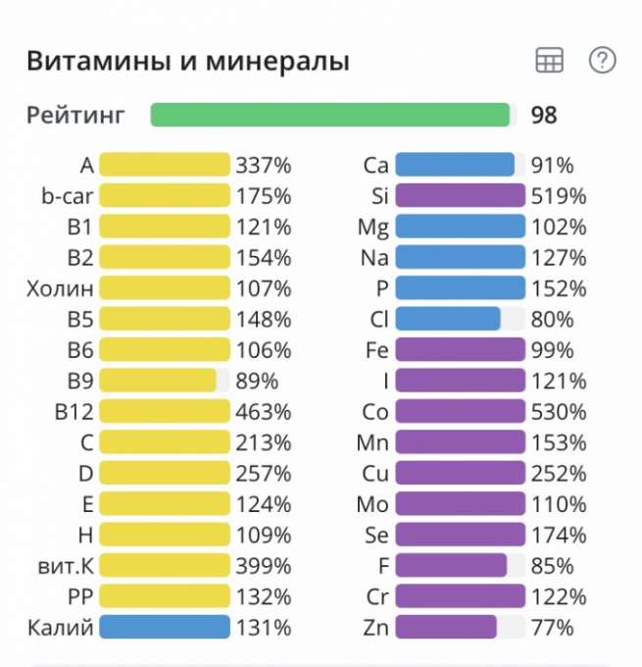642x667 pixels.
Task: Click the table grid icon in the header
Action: click(x=550, y=61)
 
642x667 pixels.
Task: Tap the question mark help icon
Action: click(x=602, y=61)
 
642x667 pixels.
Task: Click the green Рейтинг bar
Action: click(x=331, y=115)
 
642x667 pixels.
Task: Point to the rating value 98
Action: click(x=544, y=115)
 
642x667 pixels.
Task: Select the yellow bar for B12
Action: click(x=165, y=411)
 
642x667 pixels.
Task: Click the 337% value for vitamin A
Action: click(x=264, y=165)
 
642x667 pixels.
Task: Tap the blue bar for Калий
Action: click(x=165, y=628)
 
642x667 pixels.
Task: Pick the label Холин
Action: click(x=61, y=288)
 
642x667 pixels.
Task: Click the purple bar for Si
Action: click(x=461, y=196)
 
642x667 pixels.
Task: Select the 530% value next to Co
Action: click(x=559, y=411)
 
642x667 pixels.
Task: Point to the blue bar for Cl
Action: click(x=448, y=319)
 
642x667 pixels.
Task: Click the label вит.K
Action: click(x=67, y=566)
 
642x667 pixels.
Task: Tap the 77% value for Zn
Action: click(x=552, y=628)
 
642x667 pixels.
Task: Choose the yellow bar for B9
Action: click(x=158, y=381)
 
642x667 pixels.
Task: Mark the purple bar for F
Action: click(x=451, y=566)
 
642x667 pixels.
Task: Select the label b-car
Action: click(x=68, y=196)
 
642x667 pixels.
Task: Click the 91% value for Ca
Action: click(x=552, y=165)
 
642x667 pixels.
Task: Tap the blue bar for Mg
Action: click(x=461, y=227)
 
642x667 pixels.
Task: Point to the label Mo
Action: click(x=373, y=504)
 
